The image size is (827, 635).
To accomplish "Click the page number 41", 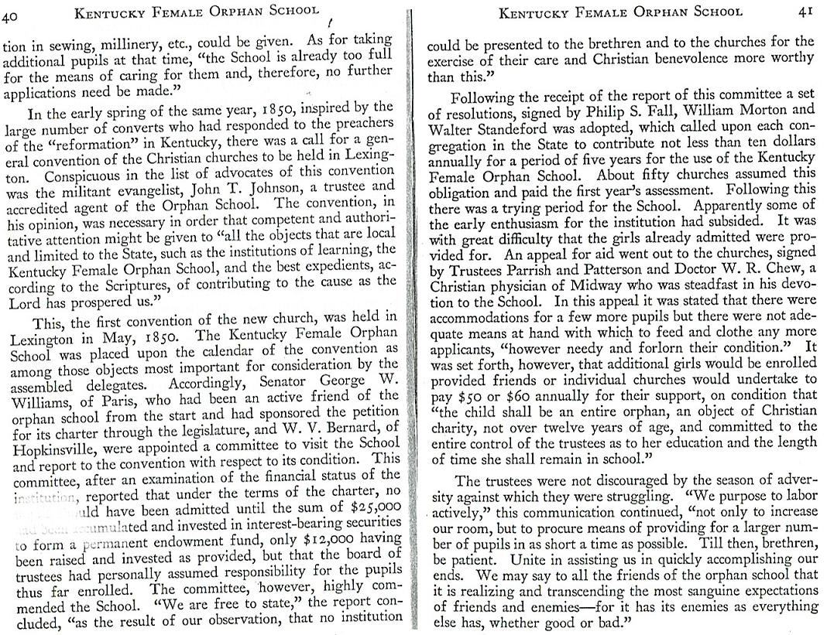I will (806, 12).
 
